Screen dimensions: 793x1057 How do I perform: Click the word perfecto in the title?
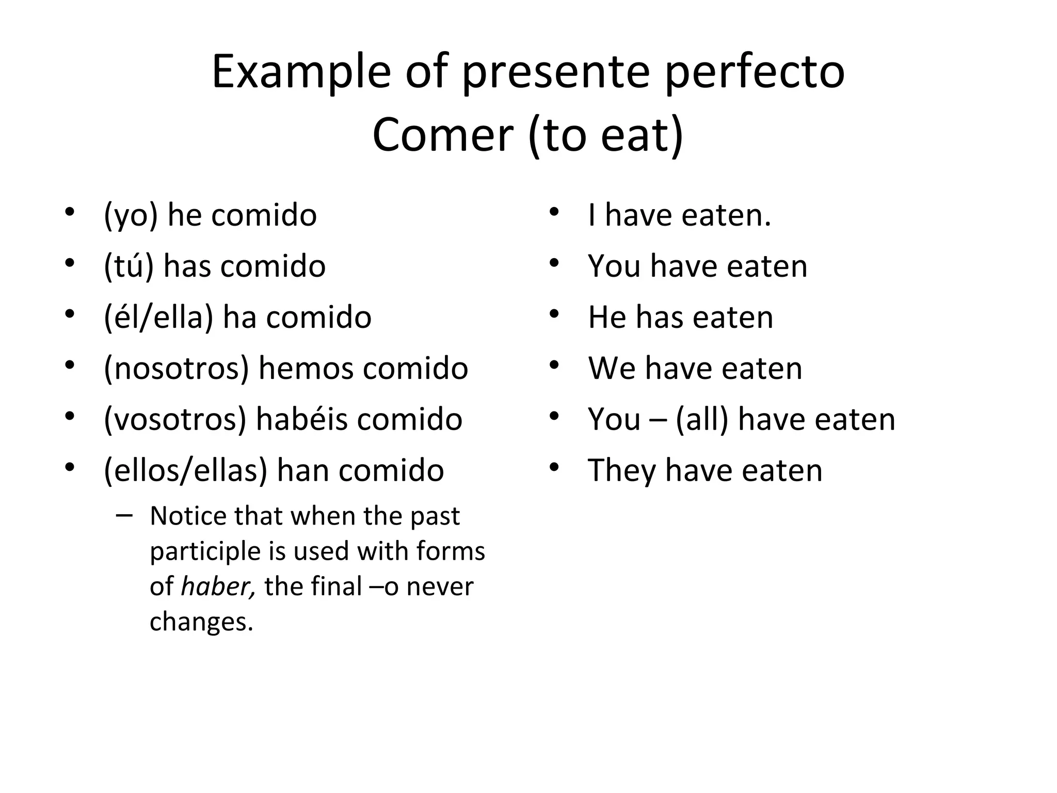(754, 73)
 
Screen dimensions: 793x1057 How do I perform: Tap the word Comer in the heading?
(442, 135)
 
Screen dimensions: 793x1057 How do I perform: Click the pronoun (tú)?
(129, 266)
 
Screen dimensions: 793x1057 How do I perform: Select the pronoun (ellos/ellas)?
(185, 470)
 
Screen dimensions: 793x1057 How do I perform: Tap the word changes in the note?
(201, 622)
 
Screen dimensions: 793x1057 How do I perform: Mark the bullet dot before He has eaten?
(554, 314)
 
